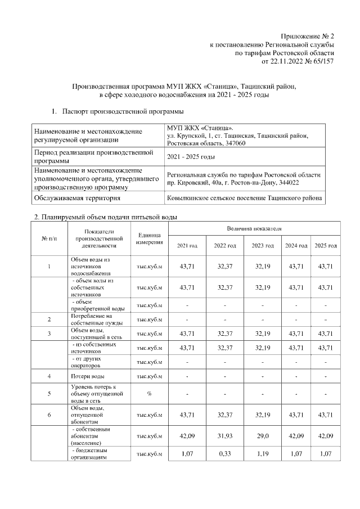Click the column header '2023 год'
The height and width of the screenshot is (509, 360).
click(x=263, y=246)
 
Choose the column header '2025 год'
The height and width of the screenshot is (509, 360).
click(x=326, y=246)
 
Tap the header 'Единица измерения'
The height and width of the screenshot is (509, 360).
click(x=149, y=238)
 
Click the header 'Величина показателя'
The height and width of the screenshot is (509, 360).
click(x=254, y=229)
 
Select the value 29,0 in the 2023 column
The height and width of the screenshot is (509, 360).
click(x=263, y=435)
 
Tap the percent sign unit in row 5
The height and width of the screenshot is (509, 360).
click(x=149, y=394)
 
